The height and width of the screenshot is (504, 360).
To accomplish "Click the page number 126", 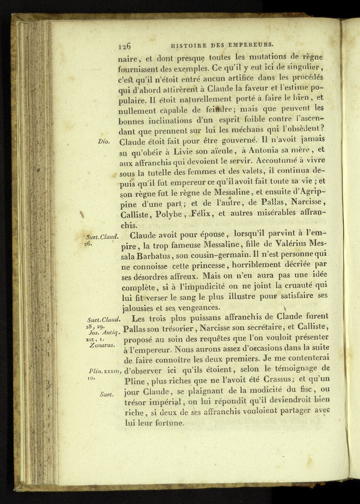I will [124, 44].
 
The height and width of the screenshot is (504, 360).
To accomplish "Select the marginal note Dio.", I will [104, 142].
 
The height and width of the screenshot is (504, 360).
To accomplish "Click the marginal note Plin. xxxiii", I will [103, 371].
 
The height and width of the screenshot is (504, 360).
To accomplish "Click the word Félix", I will [201, 214].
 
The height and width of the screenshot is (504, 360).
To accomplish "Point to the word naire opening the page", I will [129, 57].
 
